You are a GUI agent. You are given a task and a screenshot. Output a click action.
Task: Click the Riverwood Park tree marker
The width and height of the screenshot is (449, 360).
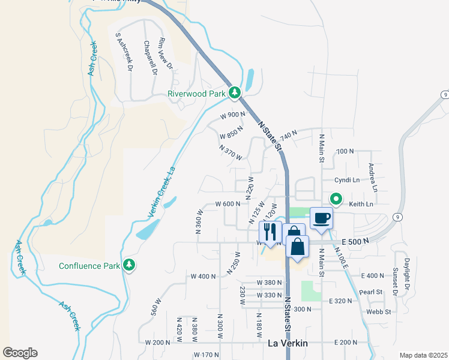(235, 93)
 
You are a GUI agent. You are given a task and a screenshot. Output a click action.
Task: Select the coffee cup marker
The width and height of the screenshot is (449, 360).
(321, 218)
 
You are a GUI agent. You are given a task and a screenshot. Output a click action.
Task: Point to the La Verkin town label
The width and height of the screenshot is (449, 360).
(288, 343)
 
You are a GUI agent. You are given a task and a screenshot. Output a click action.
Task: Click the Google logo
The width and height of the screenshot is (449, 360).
(20, 353)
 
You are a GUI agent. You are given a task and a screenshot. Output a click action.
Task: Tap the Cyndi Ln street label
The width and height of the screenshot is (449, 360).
(347, 180)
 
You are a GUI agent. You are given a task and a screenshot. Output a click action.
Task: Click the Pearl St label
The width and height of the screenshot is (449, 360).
(371, 292)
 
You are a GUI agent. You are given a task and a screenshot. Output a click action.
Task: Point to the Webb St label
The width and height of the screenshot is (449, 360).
(379, 311)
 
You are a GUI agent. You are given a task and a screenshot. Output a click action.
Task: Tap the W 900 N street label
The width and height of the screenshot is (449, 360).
(233, 115)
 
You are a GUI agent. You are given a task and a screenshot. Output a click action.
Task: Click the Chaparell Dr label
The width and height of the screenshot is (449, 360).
(150, 58)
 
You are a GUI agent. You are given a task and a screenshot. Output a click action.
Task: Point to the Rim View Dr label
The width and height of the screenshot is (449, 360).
(165, 54)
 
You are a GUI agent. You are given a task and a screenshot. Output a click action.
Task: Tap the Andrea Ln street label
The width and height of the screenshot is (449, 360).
(373, 178)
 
